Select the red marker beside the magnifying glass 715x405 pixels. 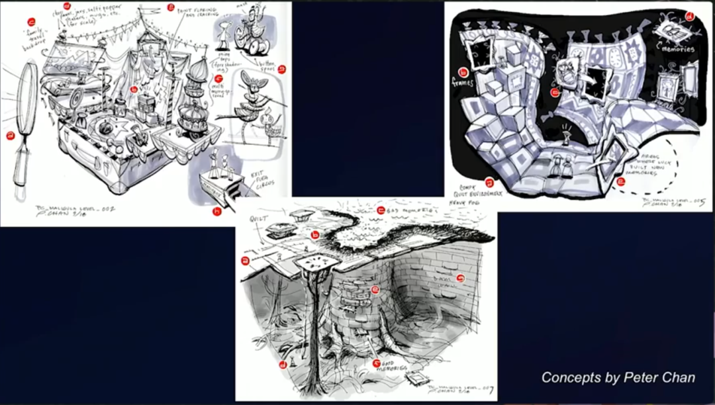(10, 136)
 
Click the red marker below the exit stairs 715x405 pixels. (216, 212)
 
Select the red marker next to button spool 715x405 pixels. (281, 68)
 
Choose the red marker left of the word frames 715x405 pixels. (463, 71)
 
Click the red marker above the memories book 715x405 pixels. (689, 16)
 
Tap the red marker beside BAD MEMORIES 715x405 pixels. (381, 210)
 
